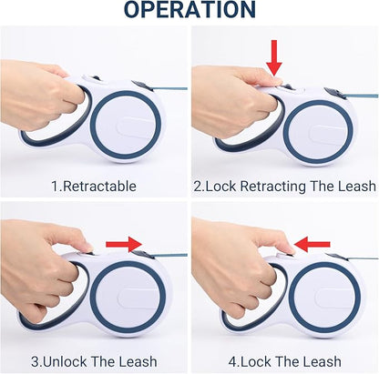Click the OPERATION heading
(x=190, y=10)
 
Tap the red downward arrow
(x=274, y=57)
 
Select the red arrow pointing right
(x=124, y=244)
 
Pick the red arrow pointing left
(x=312, y=244)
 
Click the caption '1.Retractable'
(x=94, y=186)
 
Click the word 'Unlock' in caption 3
(x=65, y=361)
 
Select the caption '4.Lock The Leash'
(x=285, y=361)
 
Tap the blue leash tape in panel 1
(x=170, y=88)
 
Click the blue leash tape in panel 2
(x=361, y=96)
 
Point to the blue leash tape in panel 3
(x=170, y=256)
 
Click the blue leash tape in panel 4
(x=363, y=258)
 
